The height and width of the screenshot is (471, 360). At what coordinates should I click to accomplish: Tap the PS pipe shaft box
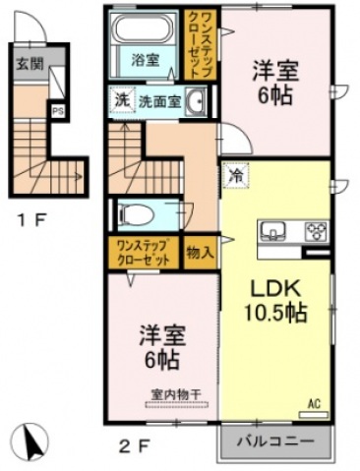click(x=58, y=111)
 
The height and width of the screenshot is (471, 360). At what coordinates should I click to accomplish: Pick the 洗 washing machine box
click(x=120, y=100)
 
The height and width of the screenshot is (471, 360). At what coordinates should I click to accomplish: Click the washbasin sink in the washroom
click(x=195, y=100)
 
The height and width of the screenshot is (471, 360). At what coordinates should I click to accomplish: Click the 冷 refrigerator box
click(x=236, y=176)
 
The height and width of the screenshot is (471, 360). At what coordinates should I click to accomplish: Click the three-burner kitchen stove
click(x=317, y=233)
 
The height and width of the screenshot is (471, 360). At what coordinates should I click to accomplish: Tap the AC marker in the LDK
click(x=315, y=403)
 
